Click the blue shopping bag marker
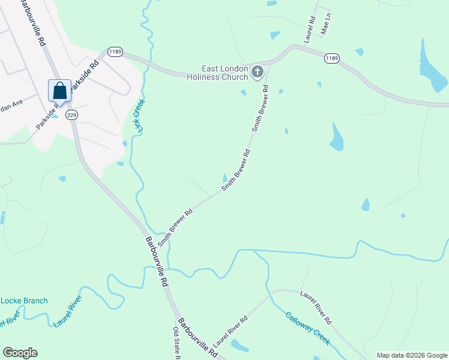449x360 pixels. point(59,91)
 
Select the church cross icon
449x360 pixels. point(257,73)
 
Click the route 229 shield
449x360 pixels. point(72,115)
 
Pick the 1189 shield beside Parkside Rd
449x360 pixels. point(115,52)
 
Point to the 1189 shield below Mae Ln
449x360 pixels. point(332,58)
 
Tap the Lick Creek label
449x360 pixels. point(140,115)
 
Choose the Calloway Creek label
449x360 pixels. point(307,328)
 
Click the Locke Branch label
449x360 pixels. point(24,300)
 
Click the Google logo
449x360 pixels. point(20,353)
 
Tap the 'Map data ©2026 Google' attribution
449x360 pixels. point(412,355)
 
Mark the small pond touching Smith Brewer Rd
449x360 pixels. point(225,178)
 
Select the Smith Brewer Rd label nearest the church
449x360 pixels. point(259,109)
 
